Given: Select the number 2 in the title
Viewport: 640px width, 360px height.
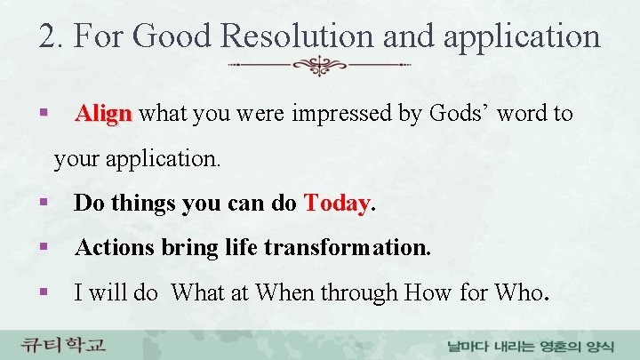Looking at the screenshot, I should coord(48,36).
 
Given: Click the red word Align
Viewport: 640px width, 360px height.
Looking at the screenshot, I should coord(104,115).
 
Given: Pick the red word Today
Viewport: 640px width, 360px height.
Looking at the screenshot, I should coord(337,204).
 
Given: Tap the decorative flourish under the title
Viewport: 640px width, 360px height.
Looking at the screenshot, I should coord(319,65).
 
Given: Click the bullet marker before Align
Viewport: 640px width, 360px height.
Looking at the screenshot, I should coord(43,115).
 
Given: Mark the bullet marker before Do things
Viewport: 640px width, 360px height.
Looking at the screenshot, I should coord(43,204).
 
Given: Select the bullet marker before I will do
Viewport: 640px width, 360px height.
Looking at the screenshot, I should coord(43,292).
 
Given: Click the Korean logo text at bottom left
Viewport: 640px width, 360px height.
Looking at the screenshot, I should coord(64,342).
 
